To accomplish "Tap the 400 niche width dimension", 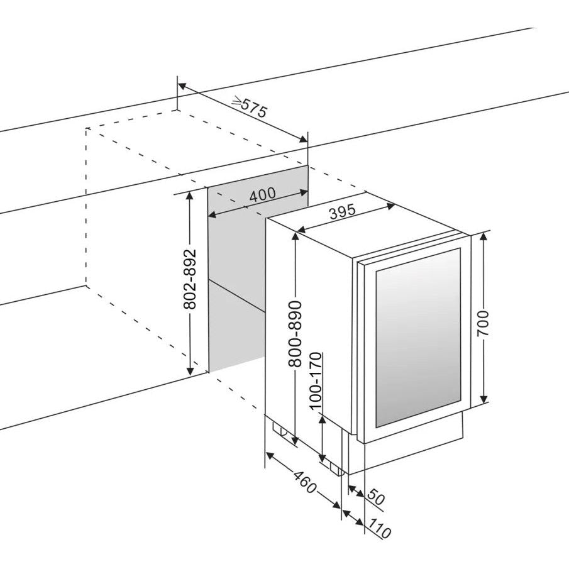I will tap(262, 195).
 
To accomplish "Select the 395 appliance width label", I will tap(343, 212).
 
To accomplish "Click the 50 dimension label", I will tap(375, 499).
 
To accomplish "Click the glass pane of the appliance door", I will tap(417, 336).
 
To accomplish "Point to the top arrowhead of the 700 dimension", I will tap(483, 236).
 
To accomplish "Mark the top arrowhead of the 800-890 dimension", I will tap(295, 236).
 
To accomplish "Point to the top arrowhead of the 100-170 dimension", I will tap(322, 418).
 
